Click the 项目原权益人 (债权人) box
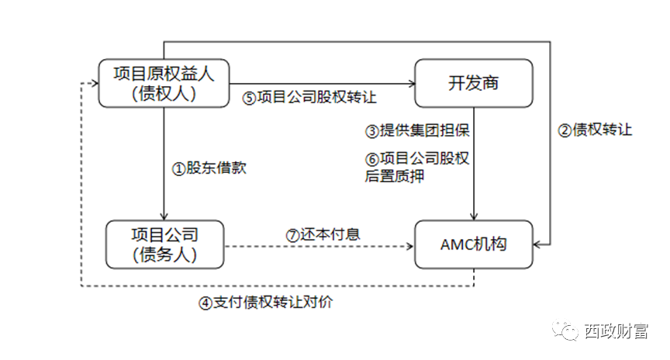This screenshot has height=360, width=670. [x=163, y=83]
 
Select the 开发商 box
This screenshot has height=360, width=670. [x=474, y=83]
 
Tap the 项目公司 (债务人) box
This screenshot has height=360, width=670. [x=164, y=244]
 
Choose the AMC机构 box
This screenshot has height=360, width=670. [x=474, y=244]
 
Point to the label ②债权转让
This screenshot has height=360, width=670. [x=596, y=130]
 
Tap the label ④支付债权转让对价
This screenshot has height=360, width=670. [x=265, y=303]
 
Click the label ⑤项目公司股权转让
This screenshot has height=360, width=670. [x=309, y=99]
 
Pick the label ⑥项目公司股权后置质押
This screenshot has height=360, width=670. [x=416, y=167]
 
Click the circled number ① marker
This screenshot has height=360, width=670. [x=178, y=168]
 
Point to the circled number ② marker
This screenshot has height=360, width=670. [x=565, y=130]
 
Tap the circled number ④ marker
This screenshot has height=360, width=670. [x=205, y=303]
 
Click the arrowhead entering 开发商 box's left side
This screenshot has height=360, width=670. [x=410, y=83]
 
